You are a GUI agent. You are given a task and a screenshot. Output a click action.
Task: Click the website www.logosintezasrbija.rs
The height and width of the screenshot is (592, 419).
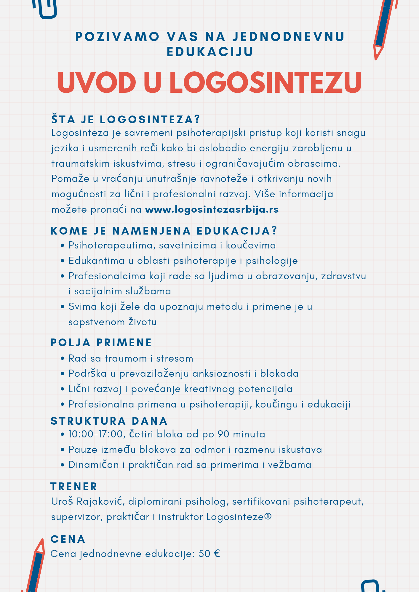212,210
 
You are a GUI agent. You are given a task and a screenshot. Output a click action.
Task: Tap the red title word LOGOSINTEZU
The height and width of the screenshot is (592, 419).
266,82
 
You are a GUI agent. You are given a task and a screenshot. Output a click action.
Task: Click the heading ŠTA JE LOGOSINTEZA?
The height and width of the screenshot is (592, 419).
126,120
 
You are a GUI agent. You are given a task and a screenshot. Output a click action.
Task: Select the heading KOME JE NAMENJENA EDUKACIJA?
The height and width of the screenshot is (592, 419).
164,231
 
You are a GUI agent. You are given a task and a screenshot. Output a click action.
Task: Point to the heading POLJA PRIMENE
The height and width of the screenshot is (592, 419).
101,343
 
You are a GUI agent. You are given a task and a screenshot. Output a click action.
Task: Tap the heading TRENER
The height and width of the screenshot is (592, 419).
74,487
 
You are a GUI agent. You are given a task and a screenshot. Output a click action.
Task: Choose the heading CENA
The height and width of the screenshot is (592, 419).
68,539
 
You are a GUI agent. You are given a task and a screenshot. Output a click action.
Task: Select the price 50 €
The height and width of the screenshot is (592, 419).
209,554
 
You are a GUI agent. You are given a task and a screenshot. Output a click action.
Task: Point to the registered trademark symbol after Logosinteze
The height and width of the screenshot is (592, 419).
268,516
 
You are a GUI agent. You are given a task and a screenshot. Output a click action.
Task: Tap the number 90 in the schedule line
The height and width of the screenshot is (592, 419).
223,434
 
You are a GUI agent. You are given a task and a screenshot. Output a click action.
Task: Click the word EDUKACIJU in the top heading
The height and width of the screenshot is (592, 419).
210,52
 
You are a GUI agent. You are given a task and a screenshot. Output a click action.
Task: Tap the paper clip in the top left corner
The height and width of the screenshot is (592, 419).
45,9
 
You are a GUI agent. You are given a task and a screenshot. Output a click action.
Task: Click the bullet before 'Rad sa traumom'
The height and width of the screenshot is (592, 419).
62,359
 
